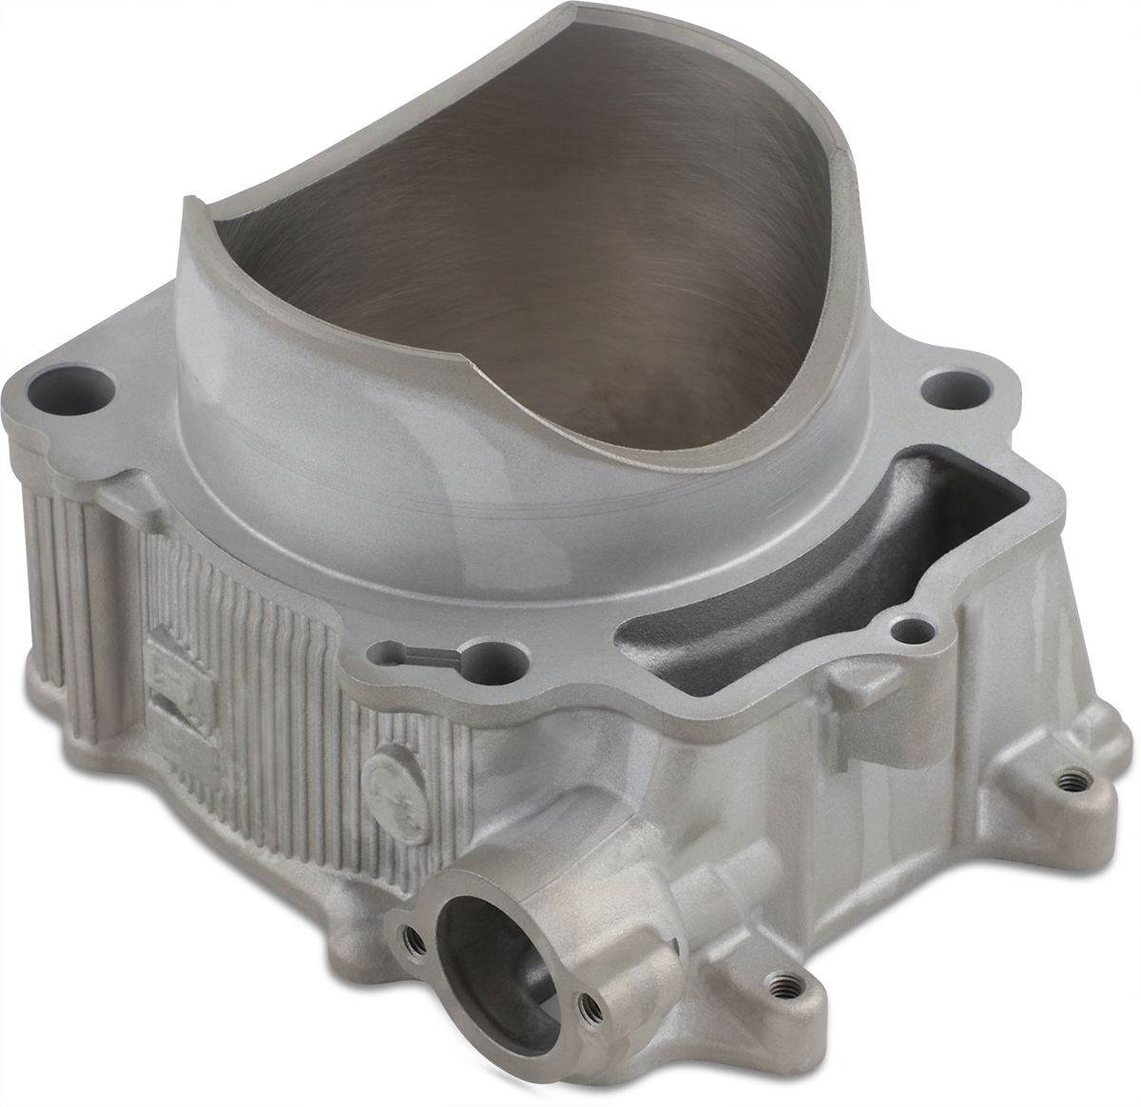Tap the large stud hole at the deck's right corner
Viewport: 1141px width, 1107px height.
click(944, 386)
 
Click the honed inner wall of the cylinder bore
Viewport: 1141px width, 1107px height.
click(532, 238)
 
